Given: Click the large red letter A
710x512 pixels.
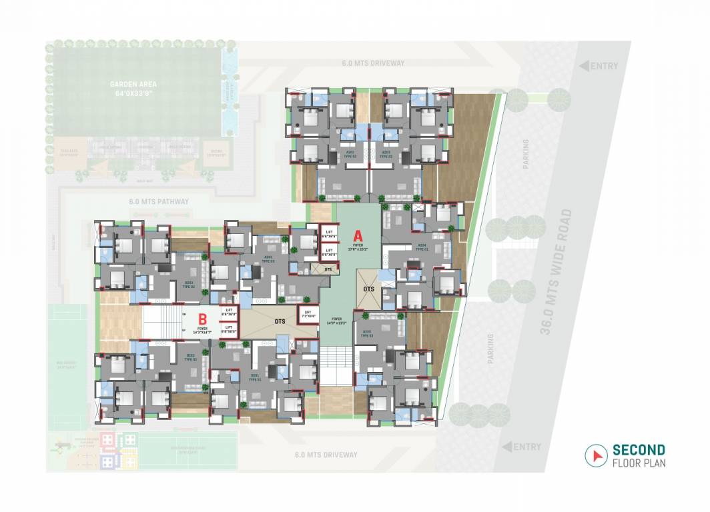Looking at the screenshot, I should [x=357, y=235].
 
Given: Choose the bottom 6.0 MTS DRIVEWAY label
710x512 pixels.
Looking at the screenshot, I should [x=326, y=455].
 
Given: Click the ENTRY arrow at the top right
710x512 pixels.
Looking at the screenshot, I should [x=583, y=66].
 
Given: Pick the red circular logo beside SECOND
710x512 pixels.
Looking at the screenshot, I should [x=594, y=455].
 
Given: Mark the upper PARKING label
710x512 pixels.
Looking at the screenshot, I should [x=526, y=154].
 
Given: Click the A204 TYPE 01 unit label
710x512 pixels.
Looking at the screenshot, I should [x=422, y=246].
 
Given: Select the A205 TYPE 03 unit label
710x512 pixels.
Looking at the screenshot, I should [x=366, y=334].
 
